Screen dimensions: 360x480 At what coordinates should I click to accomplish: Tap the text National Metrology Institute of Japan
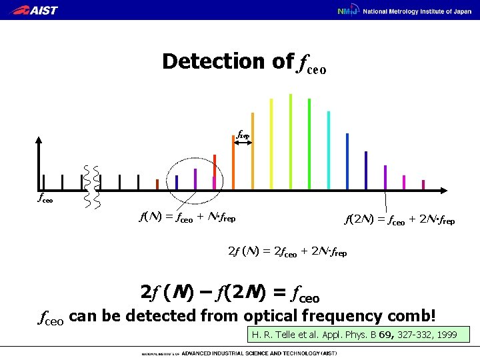(416, 11)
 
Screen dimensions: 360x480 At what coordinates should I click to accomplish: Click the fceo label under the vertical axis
(44, 198)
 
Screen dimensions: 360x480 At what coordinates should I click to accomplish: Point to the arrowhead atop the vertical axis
(39, 141)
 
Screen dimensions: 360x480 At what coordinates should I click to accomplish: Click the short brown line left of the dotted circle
(157, 185)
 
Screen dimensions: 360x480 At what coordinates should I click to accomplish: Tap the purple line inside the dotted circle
(195, 179)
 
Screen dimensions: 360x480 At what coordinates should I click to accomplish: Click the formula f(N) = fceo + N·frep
(187, 217)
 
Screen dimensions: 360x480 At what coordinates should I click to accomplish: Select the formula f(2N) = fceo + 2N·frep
(399, 219)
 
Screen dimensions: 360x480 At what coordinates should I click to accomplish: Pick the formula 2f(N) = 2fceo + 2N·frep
(287, 252)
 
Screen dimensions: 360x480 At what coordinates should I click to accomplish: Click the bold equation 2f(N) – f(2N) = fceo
(230, 293)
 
